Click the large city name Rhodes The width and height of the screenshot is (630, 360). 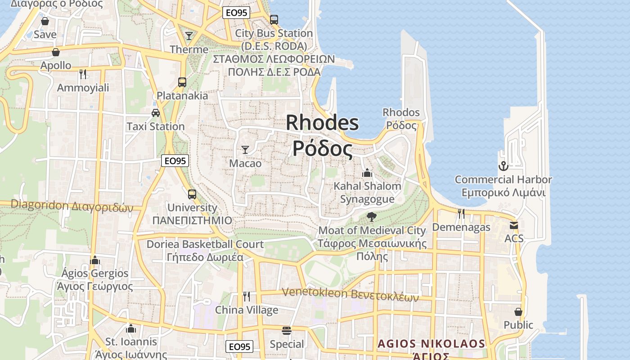pos(322,122)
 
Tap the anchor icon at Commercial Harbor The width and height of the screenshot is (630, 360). pos(503,166)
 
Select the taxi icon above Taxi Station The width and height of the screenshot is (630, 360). pos(156,112)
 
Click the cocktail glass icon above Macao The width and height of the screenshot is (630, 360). pos(245,149)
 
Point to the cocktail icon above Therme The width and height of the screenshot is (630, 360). pos(189,36)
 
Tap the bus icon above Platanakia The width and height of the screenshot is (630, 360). pos(182,82)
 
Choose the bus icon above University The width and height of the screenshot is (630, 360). pos(192,194)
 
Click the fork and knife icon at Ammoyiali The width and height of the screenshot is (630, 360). pos(82,73)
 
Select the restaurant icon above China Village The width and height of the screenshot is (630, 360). pos(246,296)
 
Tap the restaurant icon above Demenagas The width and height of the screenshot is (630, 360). pos(461,213)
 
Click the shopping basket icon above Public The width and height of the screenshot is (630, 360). pos(518,311)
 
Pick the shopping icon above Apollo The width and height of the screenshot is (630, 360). pos(56,52)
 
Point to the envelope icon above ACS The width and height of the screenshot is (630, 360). pos(514,225)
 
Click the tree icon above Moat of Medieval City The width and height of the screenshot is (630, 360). pos(372,217)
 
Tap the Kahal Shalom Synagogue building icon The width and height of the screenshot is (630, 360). pos(367,172)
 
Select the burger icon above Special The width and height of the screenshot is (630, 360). pos(287,331)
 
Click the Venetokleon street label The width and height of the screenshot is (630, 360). pos(350,294)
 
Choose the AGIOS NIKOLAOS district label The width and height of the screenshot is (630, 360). pos(432,344)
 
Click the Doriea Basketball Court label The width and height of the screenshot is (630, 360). pos(205,244)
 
